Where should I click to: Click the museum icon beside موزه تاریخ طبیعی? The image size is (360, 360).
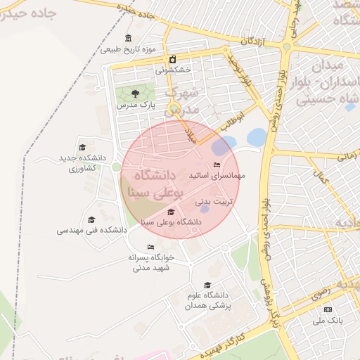127,38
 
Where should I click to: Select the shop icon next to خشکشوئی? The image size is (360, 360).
173,59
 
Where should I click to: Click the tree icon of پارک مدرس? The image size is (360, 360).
136,93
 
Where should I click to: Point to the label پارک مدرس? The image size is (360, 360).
136,104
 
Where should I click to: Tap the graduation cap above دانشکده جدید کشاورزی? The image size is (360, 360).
82,148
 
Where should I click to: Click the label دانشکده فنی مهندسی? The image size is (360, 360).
92,230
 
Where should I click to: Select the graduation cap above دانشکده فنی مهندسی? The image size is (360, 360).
91,219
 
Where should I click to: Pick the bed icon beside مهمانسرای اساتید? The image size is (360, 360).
217,165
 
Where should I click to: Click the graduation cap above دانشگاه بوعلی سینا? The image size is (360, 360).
171,212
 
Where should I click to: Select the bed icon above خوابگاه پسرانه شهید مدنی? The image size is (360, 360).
150,247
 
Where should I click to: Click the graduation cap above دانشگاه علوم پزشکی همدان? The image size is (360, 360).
207,285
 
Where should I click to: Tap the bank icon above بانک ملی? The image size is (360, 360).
328,310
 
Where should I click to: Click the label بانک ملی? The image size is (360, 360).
328,320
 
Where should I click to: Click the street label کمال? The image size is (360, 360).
323,179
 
